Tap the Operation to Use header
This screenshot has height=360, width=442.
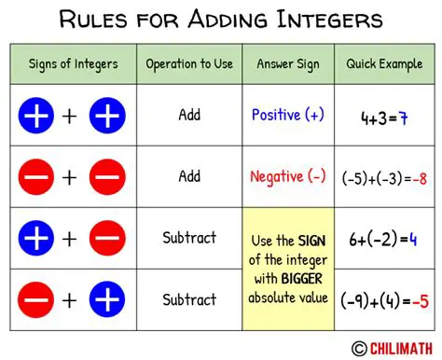[189, 64]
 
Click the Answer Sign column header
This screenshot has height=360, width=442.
[289, 64]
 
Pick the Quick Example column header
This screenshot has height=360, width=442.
[384, 64]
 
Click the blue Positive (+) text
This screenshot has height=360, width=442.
[289, 116]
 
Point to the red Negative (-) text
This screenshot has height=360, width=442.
[289, 176]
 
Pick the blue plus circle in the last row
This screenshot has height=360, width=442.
[105, 299]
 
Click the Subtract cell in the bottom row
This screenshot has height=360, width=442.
[189, 299]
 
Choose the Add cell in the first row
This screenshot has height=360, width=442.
[189, 116]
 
